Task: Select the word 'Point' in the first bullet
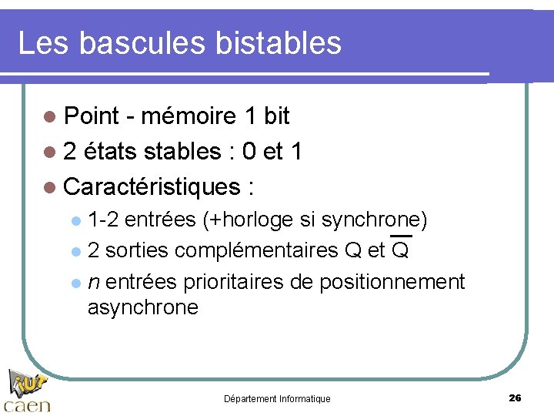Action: coord(92,116)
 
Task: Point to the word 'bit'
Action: coord(276,116)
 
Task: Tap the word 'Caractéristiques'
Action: coord(152,186)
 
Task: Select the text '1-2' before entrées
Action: coord(103,220)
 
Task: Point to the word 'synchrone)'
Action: coord(375,220)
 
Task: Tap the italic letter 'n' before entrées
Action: coord(92,283)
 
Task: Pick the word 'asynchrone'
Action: coord(143,308)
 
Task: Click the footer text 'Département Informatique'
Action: coord(277,399)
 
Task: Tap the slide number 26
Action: coord(515,398)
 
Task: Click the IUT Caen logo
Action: coord(27,392)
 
